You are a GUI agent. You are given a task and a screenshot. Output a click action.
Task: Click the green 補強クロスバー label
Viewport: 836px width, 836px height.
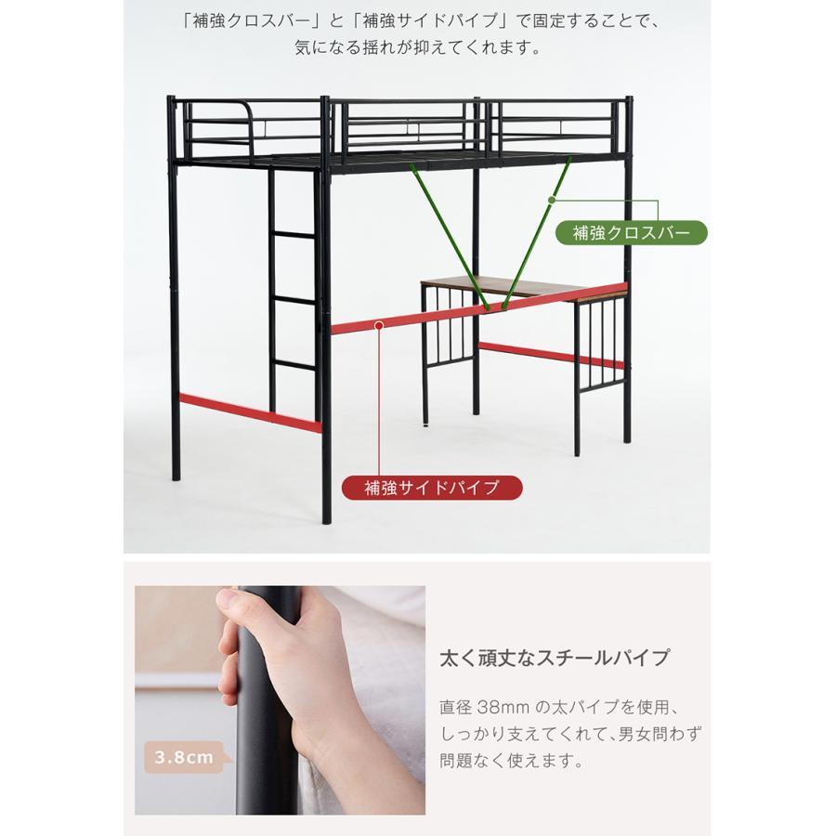click(x=631, y=232)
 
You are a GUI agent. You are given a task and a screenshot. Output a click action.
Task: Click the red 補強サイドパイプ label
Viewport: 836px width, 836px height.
click(x=431, y=487)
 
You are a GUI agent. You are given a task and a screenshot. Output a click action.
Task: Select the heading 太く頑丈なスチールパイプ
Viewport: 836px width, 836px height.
click(x=554, y=659)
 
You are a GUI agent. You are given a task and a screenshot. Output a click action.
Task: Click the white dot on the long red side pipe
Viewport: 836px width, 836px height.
click(x=380, y=324)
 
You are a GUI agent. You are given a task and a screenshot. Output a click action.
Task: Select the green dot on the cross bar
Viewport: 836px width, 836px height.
click(x=552, y=199)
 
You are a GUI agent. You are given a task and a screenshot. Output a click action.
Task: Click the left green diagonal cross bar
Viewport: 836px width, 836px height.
click(x=450, y=232)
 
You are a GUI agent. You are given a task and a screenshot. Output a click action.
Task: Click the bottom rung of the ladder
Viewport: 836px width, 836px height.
click(x=294, y=365)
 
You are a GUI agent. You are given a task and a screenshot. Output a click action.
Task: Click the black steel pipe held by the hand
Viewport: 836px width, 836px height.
click(x=269, y=743)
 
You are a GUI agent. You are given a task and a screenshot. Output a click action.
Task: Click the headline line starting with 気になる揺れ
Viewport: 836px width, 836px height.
click(x=417, y=47)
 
